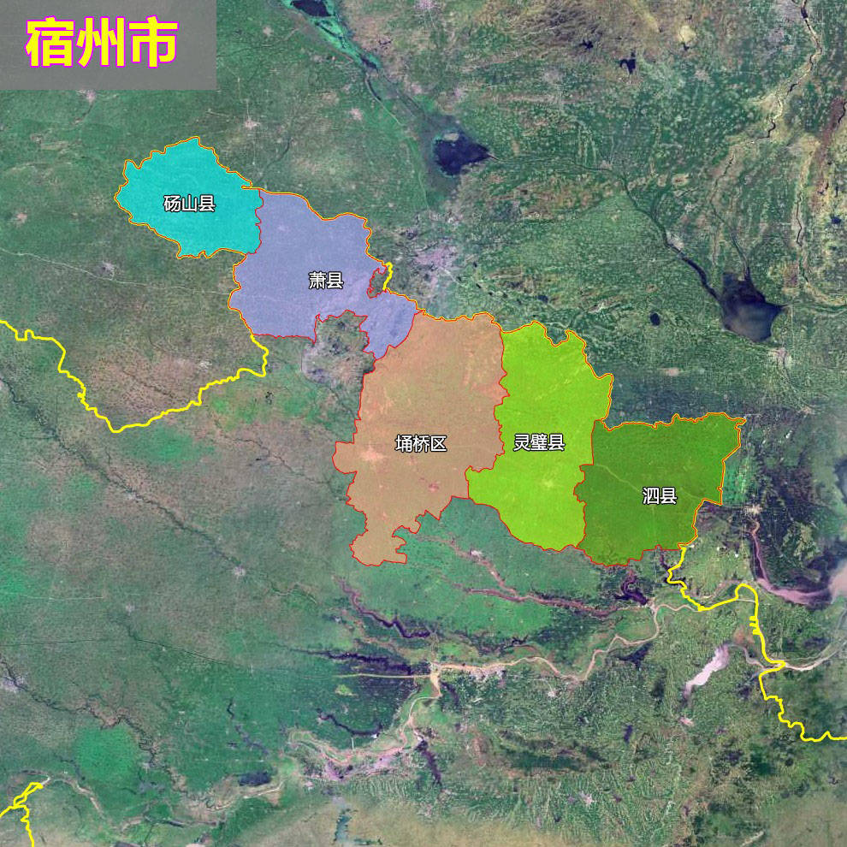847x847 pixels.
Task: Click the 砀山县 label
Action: (x=189, y=204)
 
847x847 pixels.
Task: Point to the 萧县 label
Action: (x=326, y=280)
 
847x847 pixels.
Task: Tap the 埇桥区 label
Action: (x=421, y=443)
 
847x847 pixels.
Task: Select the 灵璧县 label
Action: (x=539, y=442)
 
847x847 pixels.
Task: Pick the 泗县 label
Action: (x=660, y=495)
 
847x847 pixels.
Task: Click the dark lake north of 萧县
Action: (x=458, y=155)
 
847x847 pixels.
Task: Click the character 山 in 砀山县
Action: (x=189, y=204)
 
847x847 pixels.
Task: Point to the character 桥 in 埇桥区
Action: (x=421, y=443)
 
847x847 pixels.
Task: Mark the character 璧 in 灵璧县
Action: (x=539, y=442)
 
